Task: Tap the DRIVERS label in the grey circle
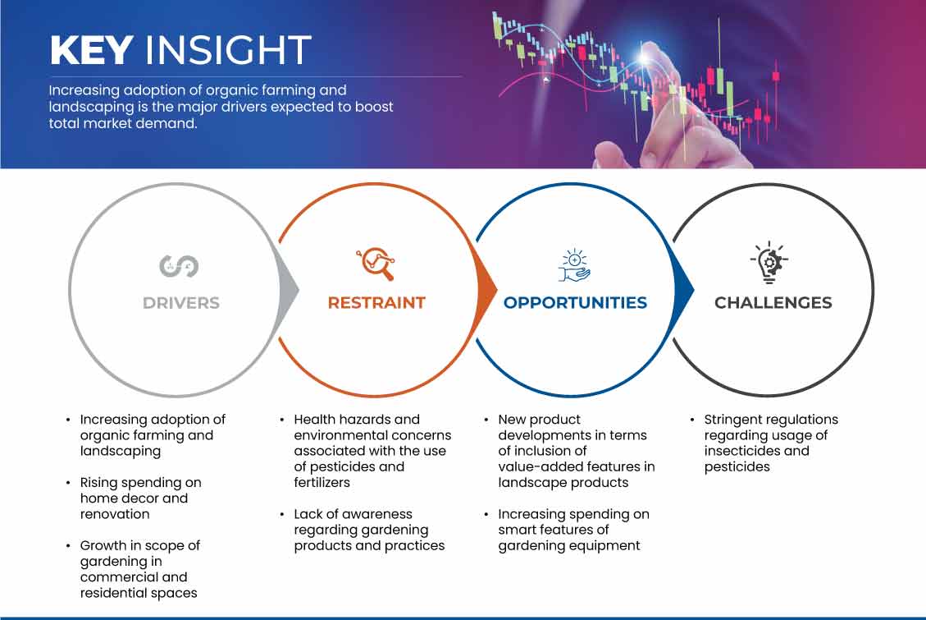[180, 303]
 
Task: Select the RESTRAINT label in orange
[376, 303]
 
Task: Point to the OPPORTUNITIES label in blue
[575, 303]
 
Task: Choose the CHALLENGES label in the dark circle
[773, 303]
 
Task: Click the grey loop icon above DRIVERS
[179, 266]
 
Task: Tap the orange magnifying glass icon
[376, 264]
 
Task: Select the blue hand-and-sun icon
[575, 265]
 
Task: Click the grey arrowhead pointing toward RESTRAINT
[289, 290]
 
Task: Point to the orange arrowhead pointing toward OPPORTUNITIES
[487, 290]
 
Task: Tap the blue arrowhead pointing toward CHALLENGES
[684, 290]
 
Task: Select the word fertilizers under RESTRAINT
[322, 482]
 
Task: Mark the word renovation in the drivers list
[115, 514]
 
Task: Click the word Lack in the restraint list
[309, 514]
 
